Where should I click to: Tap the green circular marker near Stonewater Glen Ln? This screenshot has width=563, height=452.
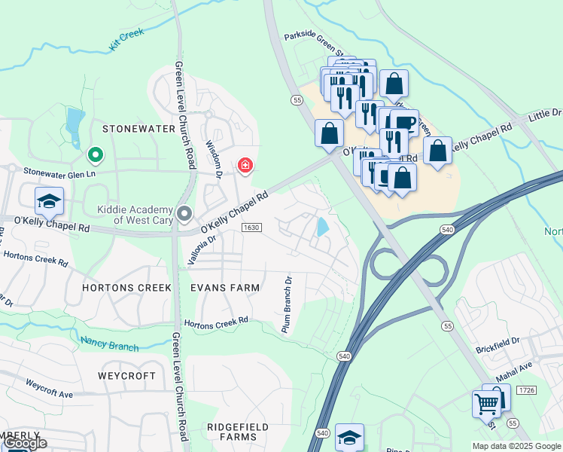(x=96, y=155)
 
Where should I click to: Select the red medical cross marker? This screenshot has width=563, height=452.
(x=245, y=164)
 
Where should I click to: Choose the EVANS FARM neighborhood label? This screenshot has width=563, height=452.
(x=224, y=288)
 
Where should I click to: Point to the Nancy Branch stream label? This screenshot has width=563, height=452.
(x=109, y=344)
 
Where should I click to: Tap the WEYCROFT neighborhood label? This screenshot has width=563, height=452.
(x=126, y=375)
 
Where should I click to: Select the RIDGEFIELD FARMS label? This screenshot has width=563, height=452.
(x=238, y=432)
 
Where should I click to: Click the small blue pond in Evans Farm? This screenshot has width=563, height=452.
(x=323, y=226)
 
